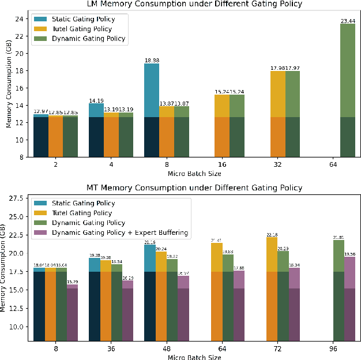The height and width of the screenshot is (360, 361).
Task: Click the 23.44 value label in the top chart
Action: point(347,20)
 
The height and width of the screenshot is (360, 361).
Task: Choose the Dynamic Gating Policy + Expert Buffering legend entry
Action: point(120,232)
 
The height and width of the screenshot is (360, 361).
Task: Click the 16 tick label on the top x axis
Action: point(222,164)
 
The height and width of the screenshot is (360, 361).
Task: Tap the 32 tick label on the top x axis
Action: point(278,164)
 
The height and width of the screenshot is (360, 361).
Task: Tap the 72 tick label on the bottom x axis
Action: point(279,349)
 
